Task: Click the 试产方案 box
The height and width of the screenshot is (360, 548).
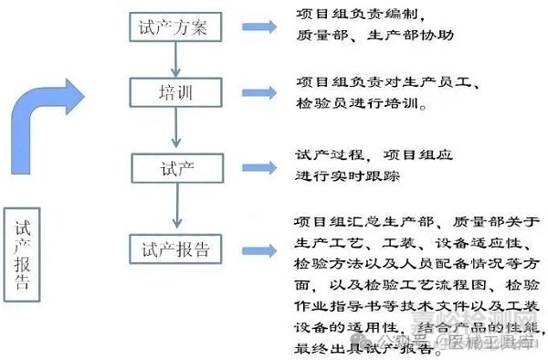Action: tap(173, 27)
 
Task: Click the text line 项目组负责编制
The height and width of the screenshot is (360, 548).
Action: tap(362, 15)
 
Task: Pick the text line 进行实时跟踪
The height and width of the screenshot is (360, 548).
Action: tap(348, 175)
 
